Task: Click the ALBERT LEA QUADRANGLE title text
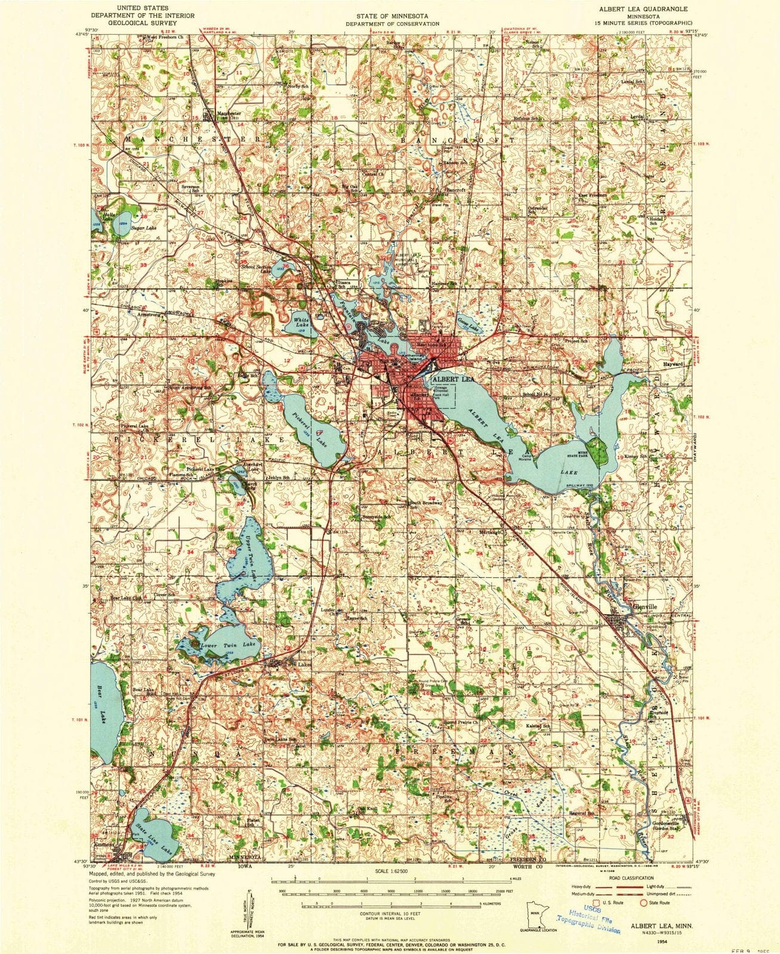pyautogui.click(x=646, y=10)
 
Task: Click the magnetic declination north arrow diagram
pyautogui.click(x=250, y=907)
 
